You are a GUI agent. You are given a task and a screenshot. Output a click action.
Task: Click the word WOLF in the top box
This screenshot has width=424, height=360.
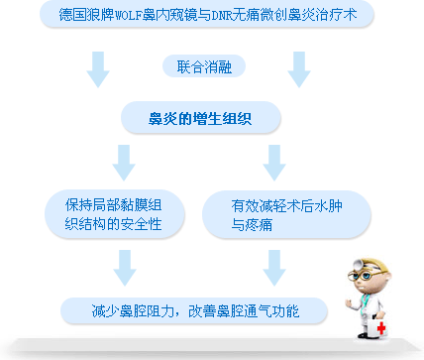click(132, 16)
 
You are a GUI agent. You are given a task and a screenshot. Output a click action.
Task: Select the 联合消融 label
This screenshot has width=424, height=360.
click(202, 66)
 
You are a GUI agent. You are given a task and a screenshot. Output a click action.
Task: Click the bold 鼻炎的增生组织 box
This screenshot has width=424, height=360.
click(201, 118)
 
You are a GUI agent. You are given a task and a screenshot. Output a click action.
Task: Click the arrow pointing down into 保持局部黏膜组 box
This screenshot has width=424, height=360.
click(125, 161)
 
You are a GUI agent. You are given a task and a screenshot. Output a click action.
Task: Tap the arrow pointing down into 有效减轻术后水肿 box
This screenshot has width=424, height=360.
click(273, 161)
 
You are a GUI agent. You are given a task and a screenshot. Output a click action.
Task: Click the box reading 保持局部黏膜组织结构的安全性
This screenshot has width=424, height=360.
click(120, 216)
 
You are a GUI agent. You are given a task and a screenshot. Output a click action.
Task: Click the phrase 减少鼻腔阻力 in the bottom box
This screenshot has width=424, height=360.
click(132, 311)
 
